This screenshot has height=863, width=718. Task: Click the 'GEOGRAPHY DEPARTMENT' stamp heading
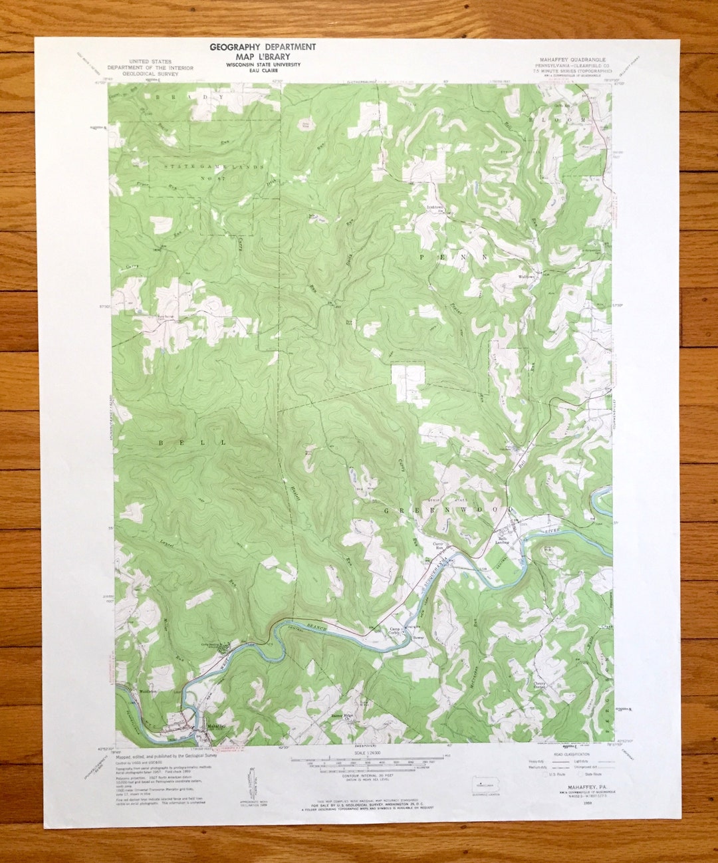click(263, 47)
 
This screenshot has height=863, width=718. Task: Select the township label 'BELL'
click(192, 442)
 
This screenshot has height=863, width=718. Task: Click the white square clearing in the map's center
click(408, 382)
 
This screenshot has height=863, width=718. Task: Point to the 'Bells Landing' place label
click(502, 541)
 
